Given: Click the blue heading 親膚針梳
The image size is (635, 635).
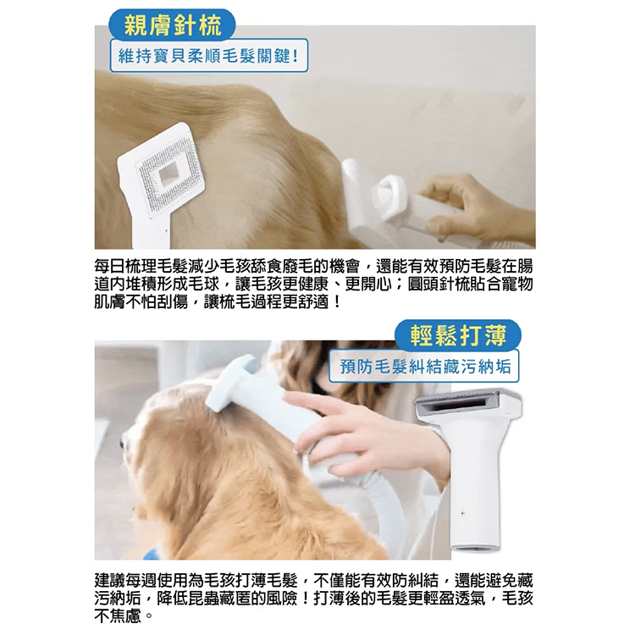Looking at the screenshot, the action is pyautogui.click(x=173, y=25).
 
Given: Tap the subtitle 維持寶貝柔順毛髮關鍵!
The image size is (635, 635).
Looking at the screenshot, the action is pyautogui.click(x=209, y=56).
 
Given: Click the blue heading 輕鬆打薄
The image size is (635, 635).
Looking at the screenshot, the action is pyautogui.click(x=458, y=335).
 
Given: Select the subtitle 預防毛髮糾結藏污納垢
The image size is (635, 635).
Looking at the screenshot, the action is pyautogui.click(x=425, y=366).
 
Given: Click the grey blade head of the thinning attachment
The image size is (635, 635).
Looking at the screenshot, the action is pyautogui.click(x=466, y=405).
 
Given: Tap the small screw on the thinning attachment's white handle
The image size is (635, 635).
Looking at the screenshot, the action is pyautogui.click(x=463, y=513).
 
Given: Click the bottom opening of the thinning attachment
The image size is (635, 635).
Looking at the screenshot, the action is pyautogui.click(x=476, y=548).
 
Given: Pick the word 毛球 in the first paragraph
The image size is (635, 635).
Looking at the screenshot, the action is pyautogui.click(x=204, y=284).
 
